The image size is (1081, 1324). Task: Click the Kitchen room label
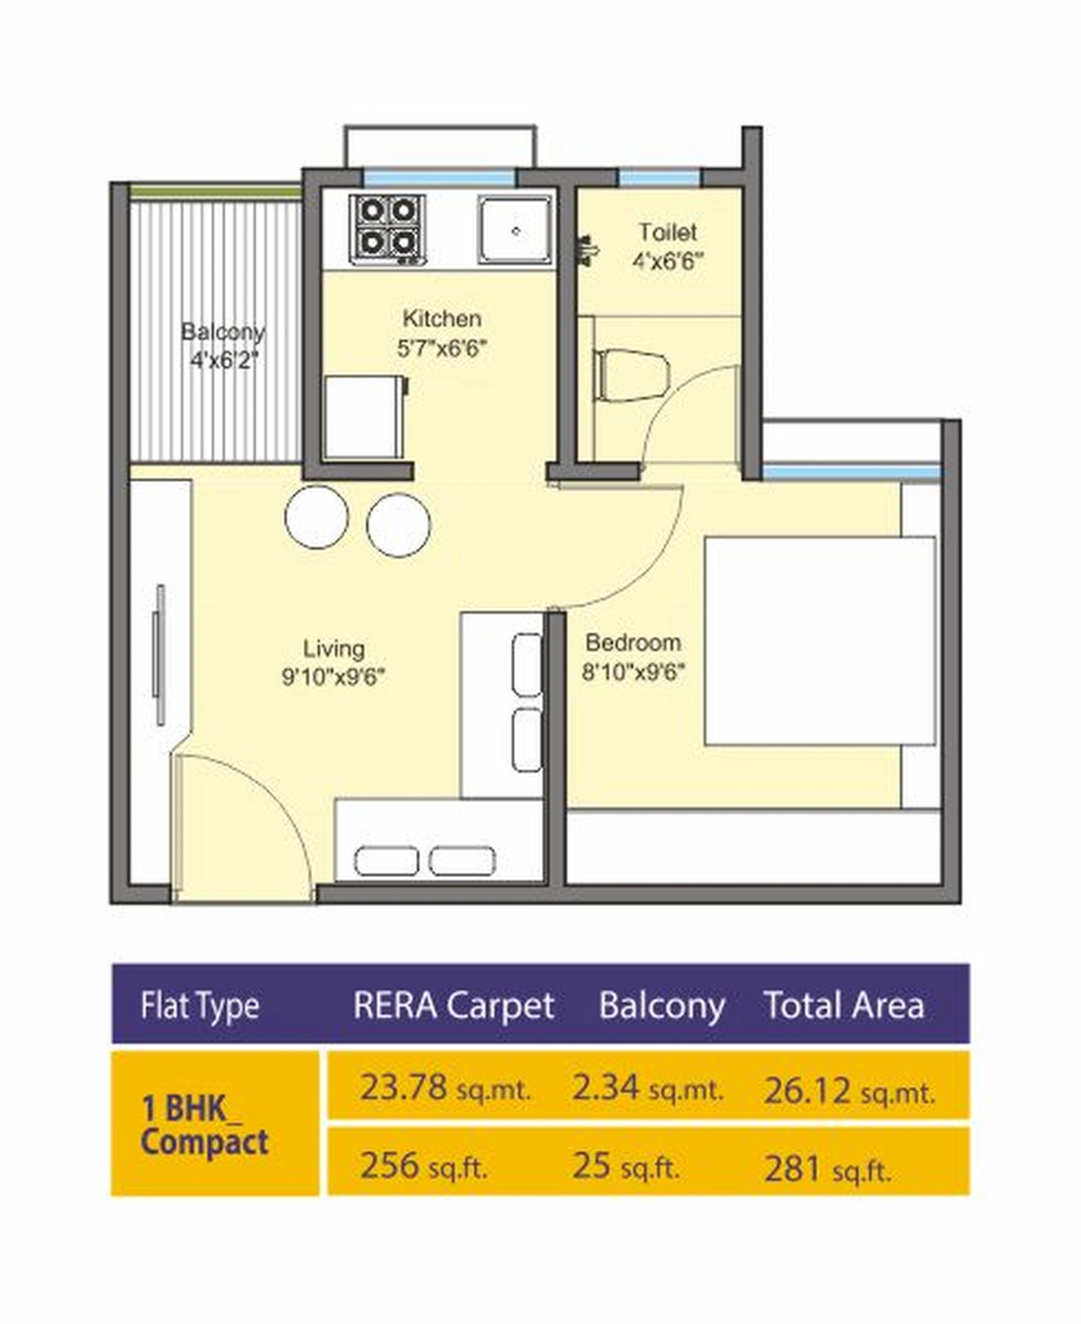441,318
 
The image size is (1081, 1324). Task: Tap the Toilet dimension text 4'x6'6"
667,262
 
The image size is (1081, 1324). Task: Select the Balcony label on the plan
222,331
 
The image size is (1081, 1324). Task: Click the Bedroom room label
632,642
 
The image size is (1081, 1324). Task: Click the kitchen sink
514,229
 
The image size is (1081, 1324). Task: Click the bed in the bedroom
819,641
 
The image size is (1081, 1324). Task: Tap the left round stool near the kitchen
317,517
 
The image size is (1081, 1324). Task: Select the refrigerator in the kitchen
364,417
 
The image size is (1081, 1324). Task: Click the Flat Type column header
199,1006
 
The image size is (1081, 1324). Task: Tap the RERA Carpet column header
453,1005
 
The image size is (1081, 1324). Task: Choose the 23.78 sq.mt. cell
445,1089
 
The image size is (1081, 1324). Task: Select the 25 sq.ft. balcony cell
625,1166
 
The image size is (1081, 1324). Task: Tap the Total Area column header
844,1005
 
